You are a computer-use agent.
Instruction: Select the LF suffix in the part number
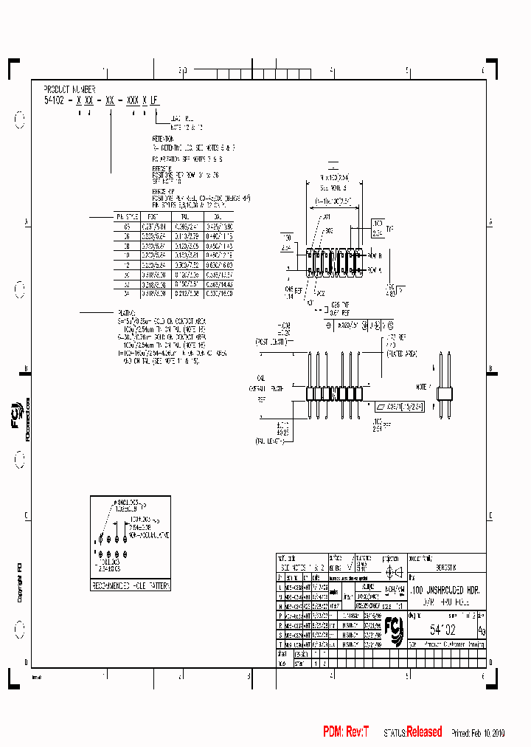coord(154,97)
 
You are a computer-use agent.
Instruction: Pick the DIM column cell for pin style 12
coord(218,264)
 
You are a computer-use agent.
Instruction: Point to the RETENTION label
coord(163,138)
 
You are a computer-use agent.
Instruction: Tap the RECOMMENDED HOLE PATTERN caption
coord(131,585)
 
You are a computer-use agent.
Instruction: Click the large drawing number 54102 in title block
coord(442,629)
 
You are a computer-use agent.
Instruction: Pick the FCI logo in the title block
coord(395,630)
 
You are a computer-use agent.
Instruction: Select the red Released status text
coord(424,731)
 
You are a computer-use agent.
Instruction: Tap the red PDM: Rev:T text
coord(345,731)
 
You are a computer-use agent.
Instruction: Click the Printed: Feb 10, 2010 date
coord(479,733)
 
